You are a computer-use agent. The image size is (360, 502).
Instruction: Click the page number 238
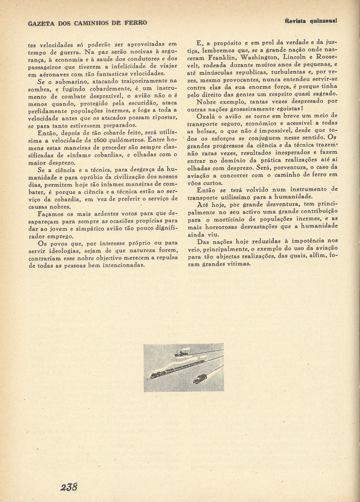click(x=69, y=487)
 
